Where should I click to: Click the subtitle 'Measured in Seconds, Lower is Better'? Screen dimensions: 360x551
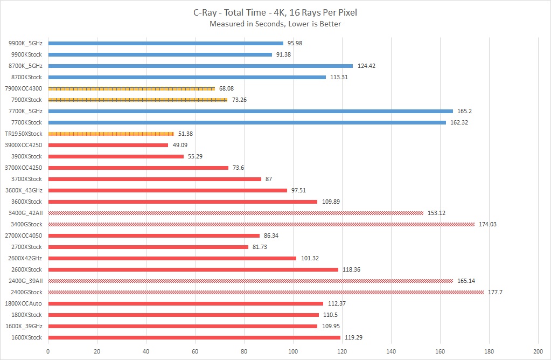point(275,24)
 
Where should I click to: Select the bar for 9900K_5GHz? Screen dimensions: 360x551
point(165,43)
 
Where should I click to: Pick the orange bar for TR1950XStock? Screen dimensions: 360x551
point(111,134)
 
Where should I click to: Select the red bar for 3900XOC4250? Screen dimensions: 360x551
point(108,145)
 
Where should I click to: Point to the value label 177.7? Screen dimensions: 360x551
point(496,292)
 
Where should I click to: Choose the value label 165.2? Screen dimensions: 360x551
point(465,111)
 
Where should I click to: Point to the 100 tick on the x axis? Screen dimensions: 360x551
point(293,351)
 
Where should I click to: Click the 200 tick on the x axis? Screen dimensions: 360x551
point(538,351)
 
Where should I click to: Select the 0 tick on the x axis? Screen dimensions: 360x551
point(48,351)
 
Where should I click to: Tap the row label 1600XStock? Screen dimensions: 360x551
point(26,337)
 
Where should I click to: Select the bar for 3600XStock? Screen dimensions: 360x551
point(183,202)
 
